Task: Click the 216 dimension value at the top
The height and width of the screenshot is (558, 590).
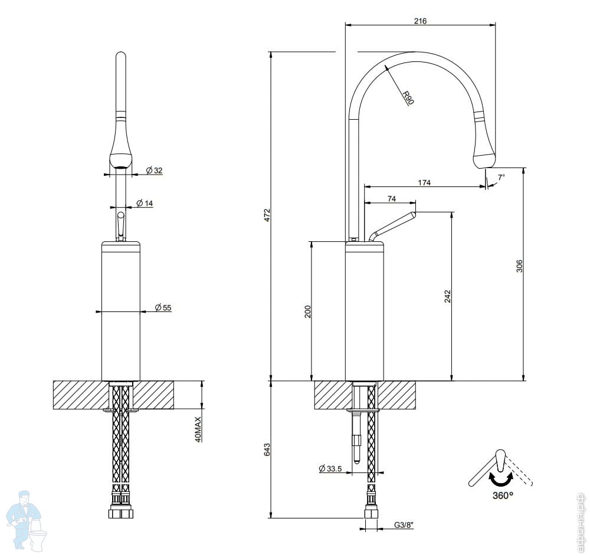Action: click(420, 21)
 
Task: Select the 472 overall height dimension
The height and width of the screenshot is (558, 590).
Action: click(267, 215)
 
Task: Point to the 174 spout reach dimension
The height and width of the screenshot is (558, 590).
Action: click(424, 182)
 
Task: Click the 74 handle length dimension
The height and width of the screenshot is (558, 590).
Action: click(392, 198)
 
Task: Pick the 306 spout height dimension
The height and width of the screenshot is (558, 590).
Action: click(520, 266)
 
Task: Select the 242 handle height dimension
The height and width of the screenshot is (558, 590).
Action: click(447, 297)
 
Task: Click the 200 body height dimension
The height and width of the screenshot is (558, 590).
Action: click(308, 311)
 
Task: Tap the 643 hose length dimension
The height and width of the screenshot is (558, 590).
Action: click(267, 449)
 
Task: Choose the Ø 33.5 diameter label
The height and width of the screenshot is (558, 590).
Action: click(330, 468)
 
